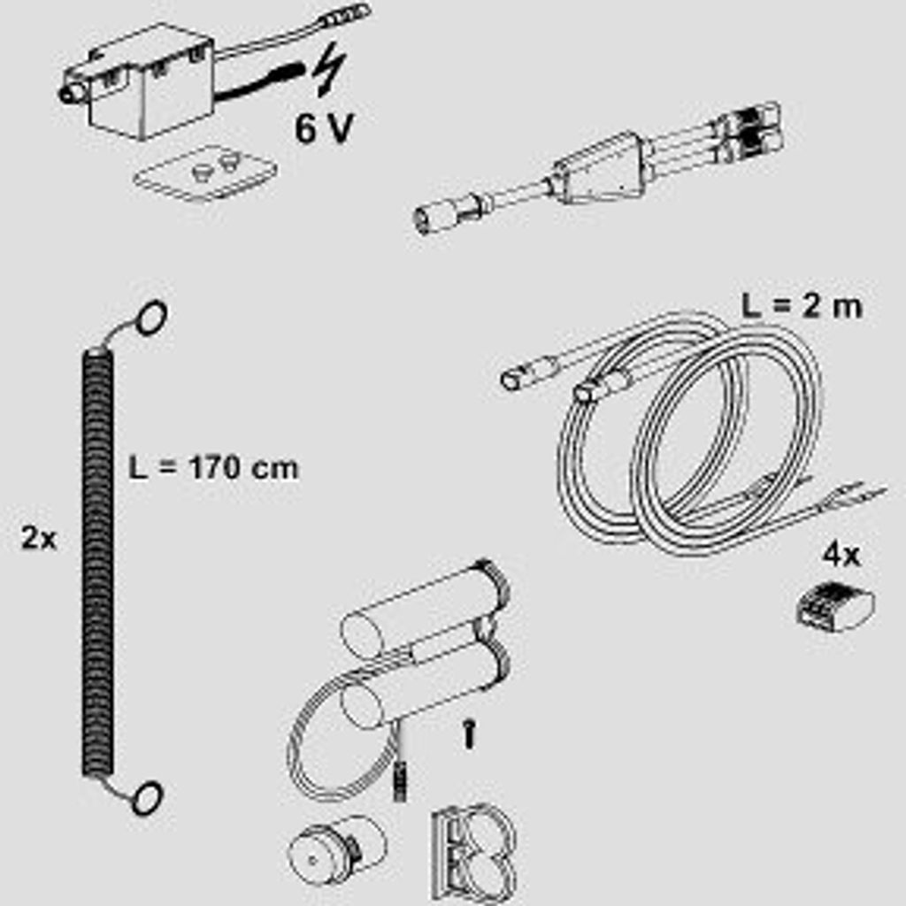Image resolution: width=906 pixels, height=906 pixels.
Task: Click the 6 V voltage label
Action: click(x=324, y=127)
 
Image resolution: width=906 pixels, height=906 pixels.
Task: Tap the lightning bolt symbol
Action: click(x=329, y=69)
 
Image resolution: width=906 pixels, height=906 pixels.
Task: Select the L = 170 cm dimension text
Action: click(x=213, y=467)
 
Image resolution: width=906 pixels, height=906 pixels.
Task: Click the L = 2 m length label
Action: click(x=802, y=305)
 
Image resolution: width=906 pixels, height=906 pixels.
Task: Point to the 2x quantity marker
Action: click(x=39, y=539)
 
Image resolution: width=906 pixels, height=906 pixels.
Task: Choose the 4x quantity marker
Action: click(x=841, y=556)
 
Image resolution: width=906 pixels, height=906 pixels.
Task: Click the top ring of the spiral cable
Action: click(x=151, y=318)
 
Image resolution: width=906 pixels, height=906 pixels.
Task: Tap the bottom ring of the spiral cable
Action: click(x=146, y=797)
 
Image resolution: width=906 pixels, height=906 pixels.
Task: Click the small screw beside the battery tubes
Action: click(x=470, y=734)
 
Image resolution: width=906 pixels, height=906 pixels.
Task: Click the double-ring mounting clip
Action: click(x=473, y=853)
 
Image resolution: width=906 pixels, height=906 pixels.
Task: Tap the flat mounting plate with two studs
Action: click(x=205, y=173)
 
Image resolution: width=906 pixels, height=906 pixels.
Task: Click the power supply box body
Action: click(x=151, y=81)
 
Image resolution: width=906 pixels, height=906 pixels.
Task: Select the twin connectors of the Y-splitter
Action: click(x=749, y=132)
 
